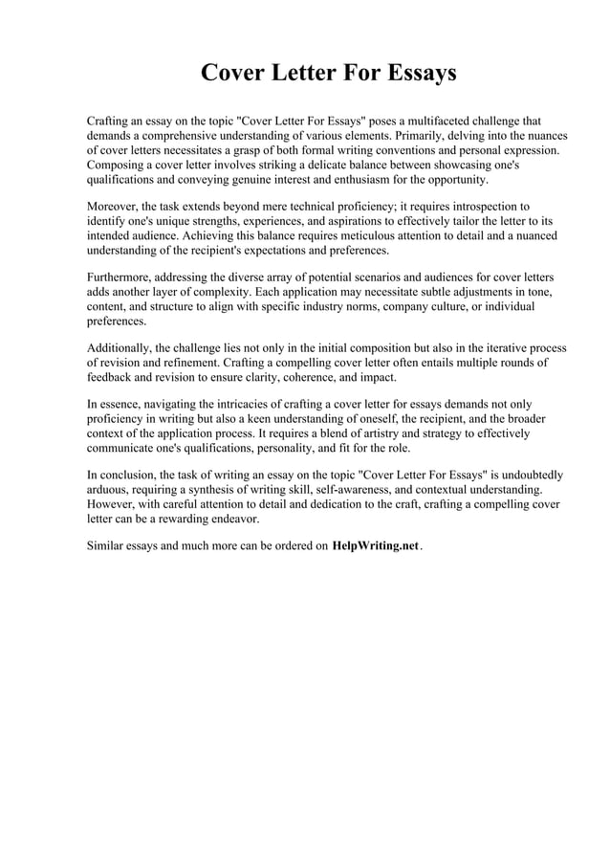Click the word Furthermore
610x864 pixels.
click(x=121, y=278)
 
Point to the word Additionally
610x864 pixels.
click(x=121, y=348)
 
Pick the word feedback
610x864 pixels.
click(x=110, y=377)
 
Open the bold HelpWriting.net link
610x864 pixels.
click(x=376, y=545)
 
